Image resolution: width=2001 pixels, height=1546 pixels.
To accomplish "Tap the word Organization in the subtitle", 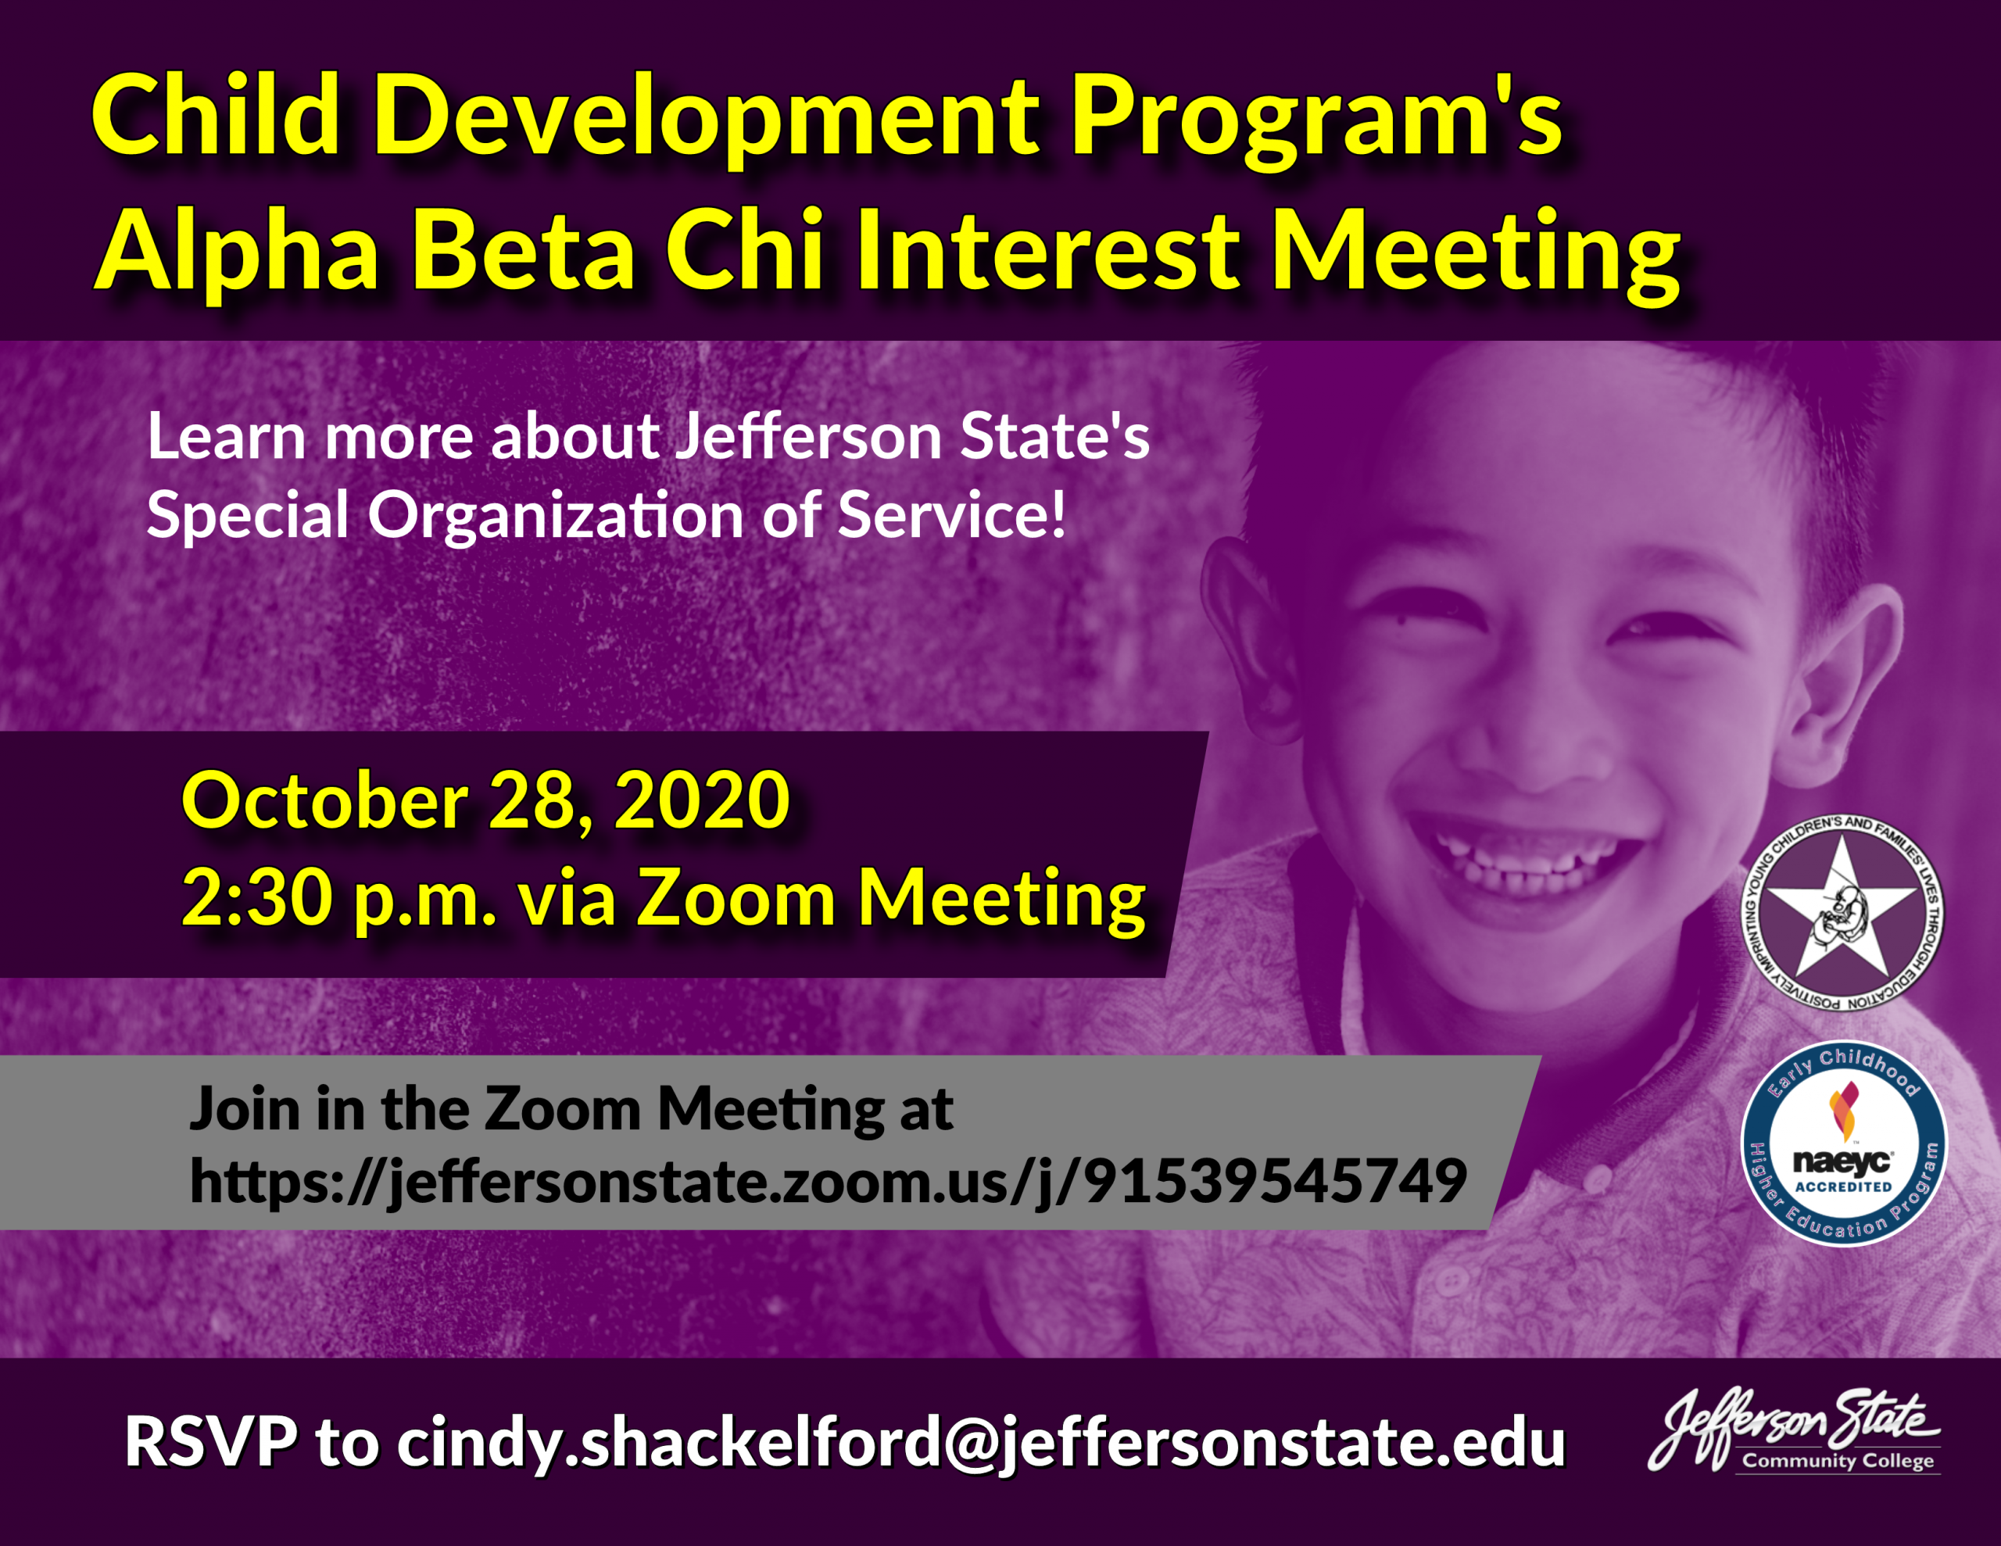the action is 555,516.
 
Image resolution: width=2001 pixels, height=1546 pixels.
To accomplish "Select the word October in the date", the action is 325,800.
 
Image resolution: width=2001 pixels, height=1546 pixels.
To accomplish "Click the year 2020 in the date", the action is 702,800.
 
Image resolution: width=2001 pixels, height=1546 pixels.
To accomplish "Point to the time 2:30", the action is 256,899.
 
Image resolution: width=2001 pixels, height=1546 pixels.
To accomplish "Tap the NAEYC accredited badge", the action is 1843,1143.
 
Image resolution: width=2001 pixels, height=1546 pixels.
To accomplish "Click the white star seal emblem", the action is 1842,914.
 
